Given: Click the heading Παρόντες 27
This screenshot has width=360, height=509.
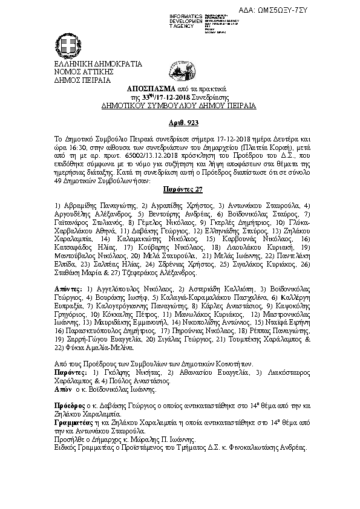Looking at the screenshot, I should [x=179, y=188].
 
